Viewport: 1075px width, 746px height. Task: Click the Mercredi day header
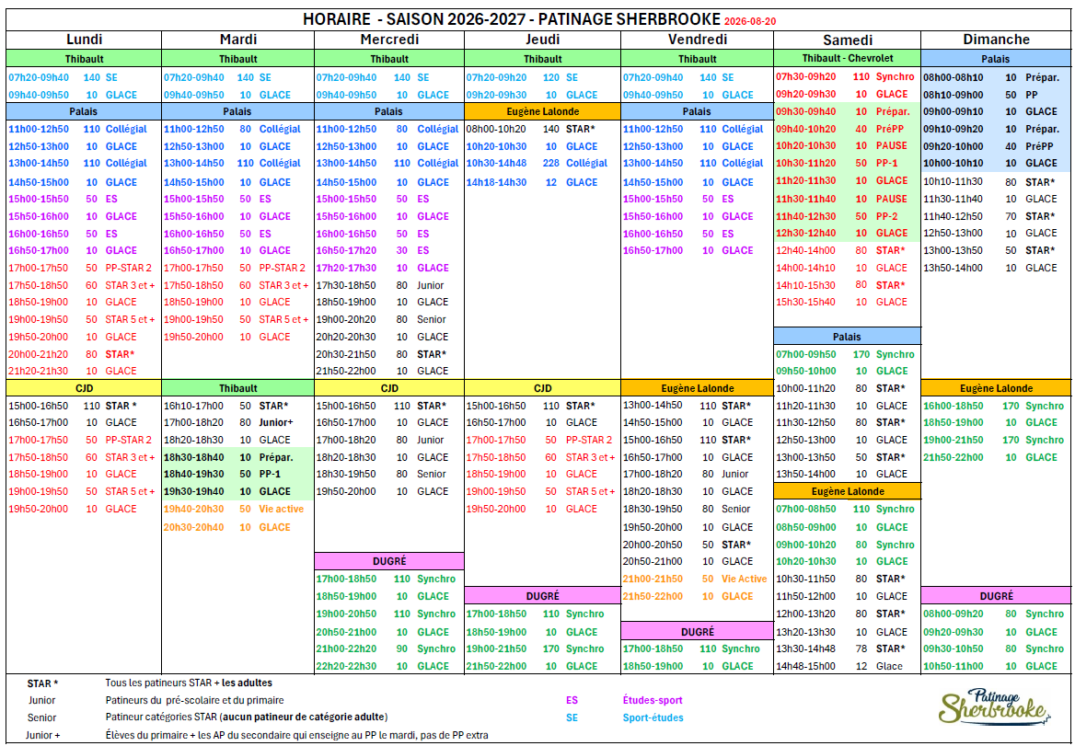389,40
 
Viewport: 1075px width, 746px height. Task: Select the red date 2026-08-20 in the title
750,21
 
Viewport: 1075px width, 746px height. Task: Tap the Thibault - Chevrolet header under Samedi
848,58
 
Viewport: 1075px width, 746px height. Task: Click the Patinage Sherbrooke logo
994,707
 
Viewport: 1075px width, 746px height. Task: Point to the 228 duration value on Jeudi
550,163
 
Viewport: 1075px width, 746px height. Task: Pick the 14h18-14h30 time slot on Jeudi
496,182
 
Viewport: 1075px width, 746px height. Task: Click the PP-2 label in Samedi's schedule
886,216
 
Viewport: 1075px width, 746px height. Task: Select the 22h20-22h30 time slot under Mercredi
346,666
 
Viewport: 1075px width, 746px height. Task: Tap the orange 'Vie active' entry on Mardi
281,509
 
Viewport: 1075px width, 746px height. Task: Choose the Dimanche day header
996,40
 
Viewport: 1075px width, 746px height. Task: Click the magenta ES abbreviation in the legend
572,700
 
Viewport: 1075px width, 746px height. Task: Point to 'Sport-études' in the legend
653,717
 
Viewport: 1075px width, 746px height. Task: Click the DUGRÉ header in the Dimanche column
996,596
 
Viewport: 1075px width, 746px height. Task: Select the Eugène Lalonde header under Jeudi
542,111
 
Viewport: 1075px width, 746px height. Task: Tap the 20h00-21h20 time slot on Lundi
39,354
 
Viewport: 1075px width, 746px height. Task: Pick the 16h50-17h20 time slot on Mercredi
346,251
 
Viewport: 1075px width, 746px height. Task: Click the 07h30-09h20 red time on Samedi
805,76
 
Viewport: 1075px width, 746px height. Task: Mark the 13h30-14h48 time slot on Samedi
805,648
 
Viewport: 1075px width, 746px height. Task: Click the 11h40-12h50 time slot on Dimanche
953,216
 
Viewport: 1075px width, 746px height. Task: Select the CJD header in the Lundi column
84,388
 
